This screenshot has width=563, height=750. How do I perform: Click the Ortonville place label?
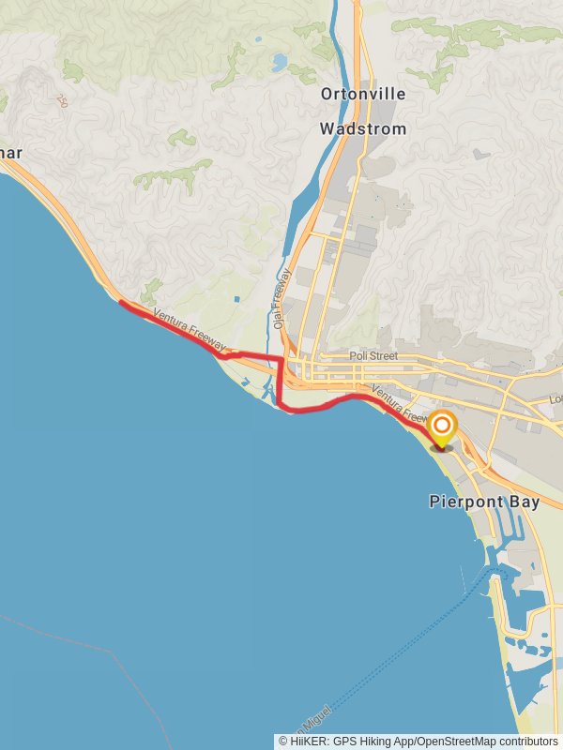point(363,94)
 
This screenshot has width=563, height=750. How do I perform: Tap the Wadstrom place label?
point(363,128)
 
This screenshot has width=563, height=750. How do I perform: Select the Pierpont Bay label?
point(484,502)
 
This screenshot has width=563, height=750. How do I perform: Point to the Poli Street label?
point(373,356)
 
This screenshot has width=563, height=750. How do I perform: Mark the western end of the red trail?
point(122,302)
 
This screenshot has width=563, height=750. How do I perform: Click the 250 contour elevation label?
point(63,100)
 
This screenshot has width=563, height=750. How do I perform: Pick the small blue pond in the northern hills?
point(279,63)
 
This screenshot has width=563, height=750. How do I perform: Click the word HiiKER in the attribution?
point(310,741)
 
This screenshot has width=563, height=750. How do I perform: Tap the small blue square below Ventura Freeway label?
point(236,299)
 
